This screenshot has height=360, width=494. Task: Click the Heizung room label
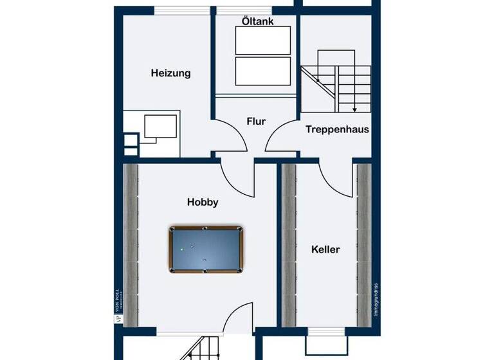[x=170, y=73]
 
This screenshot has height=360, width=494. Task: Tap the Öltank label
[x=257, y=21]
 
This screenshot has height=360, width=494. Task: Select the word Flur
[x=256, y=121]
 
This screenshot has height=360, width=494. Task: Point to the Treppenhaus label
[x=337, y=129]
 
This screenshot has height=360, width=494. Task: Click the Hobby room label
[x=203, y=202]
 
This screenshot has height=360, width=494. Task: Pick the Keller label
[x=325, y=249]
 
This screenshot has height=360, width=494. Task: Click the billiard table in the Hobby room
[x=206, y=249]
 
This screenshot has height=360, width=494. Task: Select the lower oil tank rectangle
[x=264, y=71]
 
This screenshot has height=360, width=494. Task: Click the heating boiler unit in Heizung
[x=161, y=126]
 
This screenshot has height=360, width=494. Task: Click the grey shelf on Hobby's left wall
[x=131, y=244]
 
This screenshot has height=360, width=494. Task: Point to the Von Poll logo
[x=117, y=301]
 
